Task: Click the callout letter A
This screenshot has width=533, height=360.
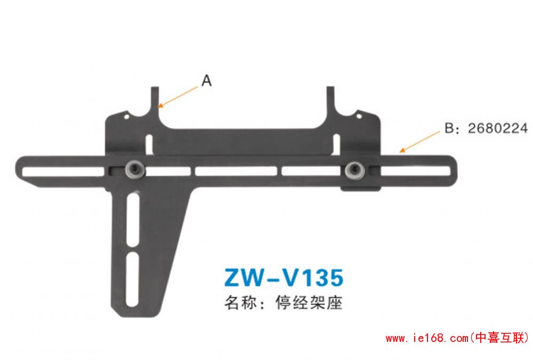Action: pos(207,81)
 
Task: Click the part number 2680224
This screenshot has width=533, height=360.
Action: pos(498,128)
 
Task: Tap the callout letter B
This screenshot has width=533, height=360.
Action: pos(449,128)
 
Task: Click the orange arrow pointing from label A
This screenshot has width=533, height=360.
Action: pos(178,97)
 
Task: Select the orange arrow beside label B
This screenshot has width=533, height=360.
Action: pos(419,142)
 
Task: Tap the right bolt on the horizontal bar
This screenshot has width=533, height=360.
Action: pos(355,170)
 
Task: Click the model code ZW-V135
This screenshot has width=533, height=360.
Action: pos(284,277)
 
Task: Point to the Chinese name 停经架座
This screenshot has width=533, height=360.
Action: pos(309,302)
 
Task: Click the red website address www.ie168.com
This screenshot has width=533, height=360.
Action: pos(427,338)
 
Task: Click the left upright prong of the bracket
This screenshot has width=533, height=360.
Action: pos(155,102)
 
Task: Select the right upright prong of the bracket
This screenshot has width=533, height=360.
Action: pos(331,102)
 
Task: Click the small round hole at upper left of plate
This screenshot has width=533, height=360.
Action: pos(126,117)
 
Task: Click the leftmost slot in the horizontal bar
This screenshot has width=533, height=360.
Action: pos(63,171)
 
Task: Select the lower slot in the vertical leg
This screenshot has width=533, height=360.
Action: pos(132,279)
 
